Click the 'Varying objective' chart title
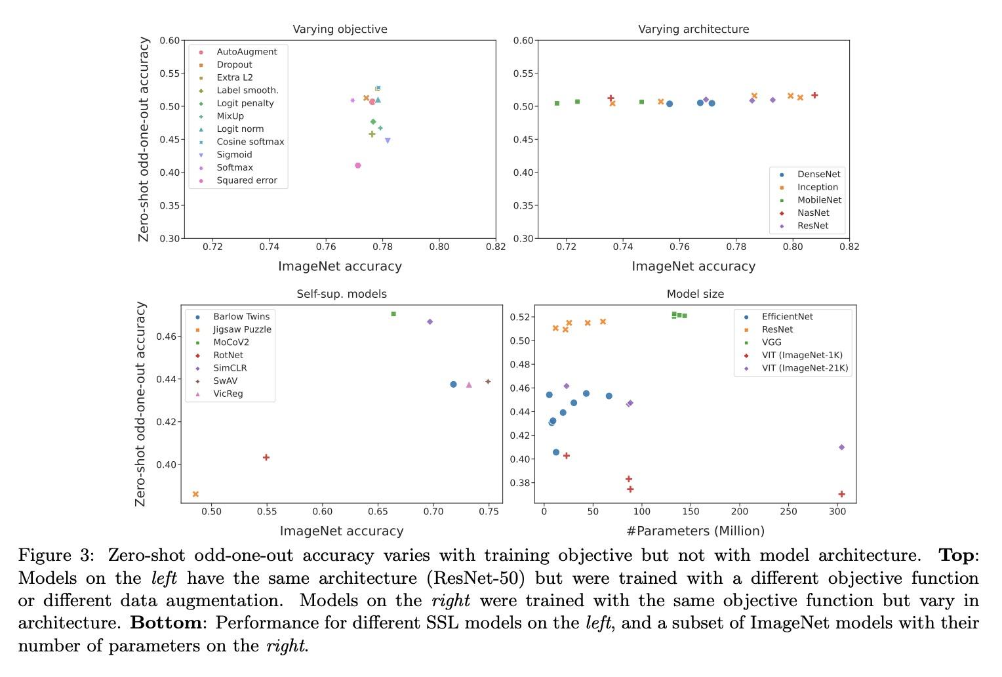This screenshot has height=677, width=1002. [340, 30]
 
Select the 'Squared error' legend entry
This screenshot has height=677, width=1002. [247, 180]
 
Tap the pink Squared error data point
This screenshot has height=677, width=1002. [358, 165]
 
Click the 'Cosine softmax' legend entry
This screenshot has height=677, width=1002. [250, 142]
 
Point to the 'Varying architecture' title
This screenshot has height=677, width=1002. [693, 30]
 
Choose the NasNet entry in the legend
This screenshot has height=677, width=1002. [813, 213]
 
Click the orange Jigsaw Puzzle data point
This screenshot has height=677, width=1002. [195, 494]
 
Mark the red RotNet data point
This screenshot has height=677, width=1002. [266, 457]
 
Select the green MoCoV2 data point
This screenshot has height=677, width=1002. [393, 314]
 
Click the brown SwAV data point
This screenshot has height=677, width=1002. [488, 382]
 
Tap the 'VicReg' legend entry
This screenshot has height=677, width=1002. [228, 394]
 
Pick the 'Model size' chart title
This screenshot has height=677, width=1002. [695, 294]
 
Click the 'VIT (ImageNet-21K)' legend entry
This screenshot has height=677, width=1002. [805, 368]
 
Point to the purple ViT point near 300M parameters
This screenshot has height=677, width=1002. [842, 447]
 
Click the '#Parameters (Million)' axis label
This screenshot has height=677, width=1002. [695, 531]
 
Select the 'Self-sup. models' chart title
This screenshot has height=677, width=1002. [342, 294]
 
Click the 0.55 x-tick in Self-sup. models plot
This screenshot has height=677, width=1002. [266, 512]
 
